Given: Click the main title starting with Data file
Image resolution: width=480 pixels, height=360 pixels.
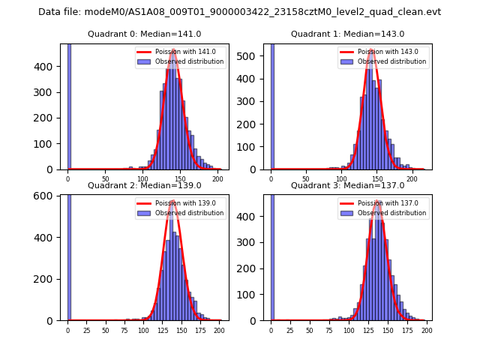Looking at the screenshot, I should (240, 12).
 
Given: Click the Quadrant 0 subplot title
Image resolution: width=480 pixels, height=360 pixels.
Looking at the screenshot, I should (144, 34).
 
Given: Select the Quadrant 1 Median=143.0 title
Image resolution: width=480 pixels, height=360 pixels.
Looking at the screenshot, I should (347, 34).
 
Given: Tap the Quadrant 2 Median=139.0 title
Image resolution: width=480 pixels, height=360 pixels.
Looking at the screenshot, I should (144, 185).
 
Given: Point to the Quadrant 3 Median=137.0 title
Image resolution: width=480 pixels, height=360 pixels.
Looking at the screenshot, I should (347, 185).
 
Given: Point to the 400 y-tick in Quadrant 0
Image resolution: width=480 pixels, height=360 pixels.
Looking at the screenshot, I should (49, 66).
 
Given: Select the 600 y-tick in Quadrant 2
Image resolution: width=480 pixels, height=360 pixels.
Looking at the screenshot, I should (49, 196).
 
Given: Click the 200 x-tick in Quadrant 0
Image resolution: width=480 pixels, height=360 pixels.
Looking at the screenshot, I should (218, 180).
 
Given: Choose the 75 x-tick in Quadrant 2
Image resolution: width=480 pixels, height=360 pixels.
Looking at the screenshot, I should (124, 331).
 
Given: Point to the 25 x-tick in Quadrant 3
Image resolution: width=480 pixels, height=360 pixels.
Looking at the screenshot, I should (290, 331).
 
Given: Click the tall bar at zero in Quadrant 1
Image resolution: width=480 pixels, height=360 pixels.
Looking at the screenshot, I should (271, 105).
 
